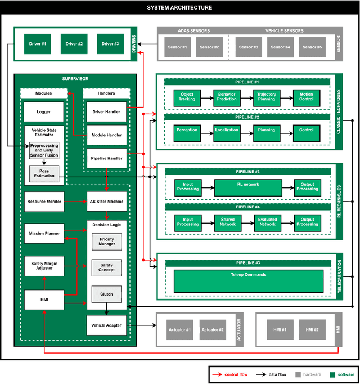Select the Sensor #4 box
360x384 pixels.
pyautogui.click(x=278, y=47)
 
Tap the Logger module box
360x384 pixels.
pyautogui.click(x=43, y=112)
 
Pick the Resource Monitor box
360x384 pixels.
pyautogui.click(x=43, y=201)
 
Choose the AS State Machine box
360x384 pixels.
pyautogui.click(x=106, y=201)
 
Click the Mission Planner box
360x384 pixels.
pyautogui.click(x=43, y=232)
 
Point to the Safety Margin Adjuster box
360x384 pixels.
pyautogui.click(x=43, y=265)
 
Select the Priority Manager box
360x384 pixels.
pyautogui.click(x=106, y=242)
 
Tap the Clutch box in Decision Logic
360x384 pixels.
pyautogui.click(x=106, y=294)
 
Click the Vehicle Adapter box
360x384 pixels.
pyautogui.click(x=106, y=325)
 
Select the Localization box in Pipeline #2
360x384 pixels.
pyautogui.click(x=227, y=133)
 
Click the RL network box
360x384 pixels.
pyautogui.click(x=247, y=187)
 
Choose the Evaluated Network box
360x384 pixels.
pyautogui.click(x=267, y=221)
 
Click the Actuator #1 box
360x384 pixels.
pyautogui.click(x=179, y=329)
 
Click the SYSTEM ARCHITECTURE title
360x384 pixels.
pyautogui.click(x=180, y=8)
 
